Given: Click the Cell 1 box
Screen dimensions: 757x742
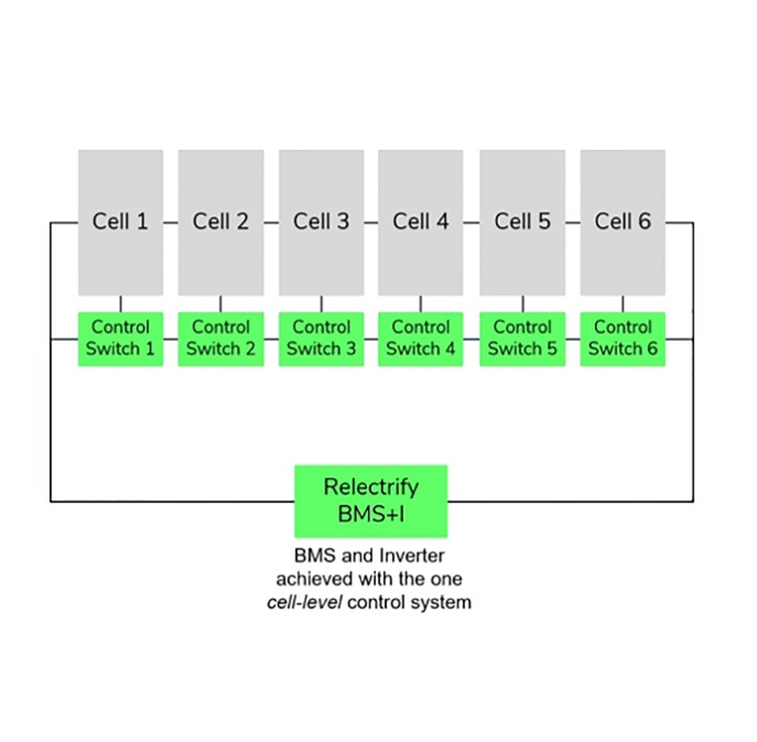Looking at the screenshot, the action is (x=121, y=223).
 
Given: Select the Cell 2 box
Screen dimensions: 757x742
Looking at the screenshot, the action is (x=221, y=223).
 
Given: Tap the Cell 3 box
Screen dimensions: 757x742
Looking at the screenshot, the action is (x=321, y=223).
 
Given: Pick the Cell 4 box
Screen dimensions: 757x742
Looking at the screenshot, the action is (x=421, y=223).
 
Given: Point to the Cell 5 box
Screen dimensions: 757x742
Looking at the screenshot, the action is (x=522, y=223).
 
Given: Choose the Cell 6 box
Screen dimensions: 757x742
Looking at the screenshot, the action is (x=623, y=223).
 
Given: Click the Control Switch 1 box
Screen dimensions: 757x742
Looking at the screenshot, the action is (x=121, y=339).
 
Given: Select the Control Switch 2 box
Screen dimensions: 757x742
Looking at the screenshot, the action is (x=221, y=339).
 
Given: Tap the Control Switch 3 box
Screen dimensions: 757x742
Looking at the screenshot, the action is (x=321, y=339).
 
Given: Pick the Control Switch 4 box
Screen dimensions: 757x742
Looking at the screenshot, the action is (x=421, y=339).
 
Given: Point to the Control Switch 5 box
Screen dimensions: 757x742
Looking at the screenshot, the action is (x=522, y=339).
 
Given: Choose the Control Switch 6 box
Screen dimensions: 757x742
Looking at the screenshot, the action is (x=623, y=339).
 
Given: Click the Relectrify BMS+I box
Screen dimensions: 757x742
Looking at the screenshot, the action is (x=371, y=501).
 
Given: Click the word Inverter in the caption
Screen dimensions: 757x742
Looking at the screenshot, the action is (x=412, y=556).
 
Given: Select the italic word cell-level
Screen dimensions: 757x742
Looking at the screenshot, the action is (x=305, y=603).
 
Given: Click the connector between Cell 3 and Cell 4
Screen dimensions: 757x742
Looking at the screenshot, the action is (x=371, y=223).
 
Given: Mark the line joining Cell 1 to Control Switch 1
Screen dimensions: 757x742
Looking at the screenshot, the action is (x=121, y=304).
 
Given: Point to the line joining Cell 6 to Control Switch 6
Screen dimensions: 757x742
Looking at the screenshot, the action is (x=623, y=304).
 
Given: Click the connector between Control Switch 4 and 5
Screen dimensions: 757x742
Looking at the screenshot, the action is (x=472, y=339).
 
